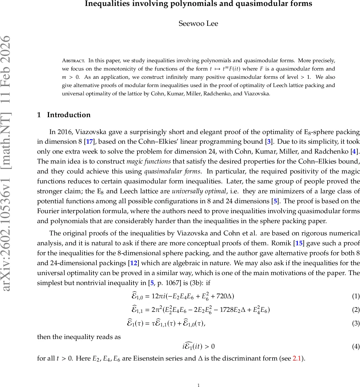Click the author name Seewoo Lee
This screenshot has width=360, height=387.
click(198, 24)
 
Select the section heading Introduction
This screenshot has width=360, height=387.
click(69, 115)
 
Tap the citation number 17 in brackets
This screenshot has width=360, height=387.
click(89, 142)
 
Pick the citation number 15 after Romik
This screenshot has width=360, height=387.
click(299, 243)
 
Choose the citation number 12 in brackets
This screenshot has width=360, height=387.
click(133, 263)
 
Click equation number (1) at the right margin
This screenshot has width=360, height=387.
click(356, 296)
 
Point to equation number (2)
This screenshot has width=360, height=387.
click(356, 310)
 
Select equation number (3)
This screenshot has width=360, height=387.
click(356, 323)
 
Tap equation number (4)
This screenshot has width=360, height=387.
click(356, 347)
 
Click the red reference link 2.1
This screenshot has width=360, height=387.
click(297, 359)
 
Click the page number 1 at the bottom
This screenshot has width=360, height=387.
click(198, 385)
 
